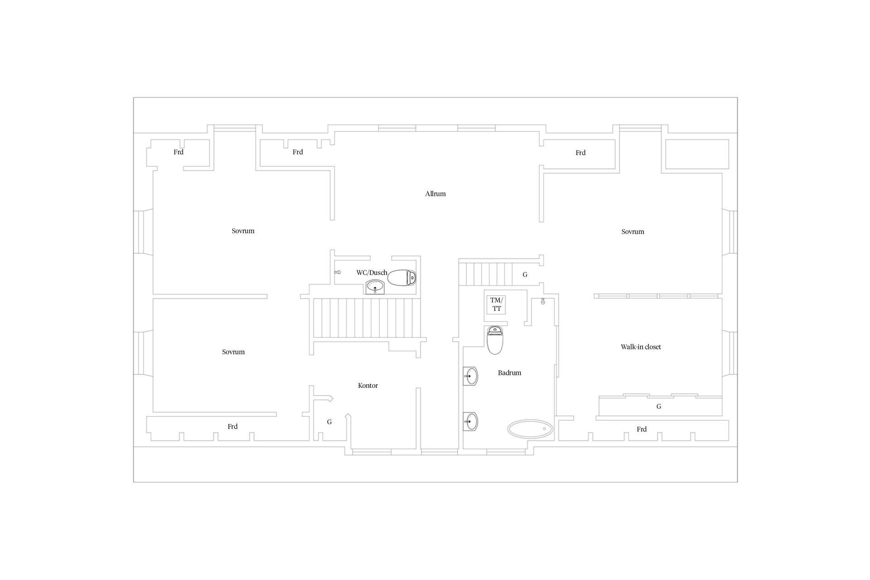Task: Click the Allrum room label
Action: [x=435, y=194]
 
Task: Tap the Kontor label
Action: [x=368, y=386]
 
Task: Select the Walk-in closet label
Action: [x=641, y=347]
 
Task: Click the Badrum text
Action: [x=510, y=373]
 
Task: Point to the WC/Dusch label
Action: [x=372, y=273]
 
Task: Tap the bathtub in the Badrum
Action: [x=530, y=429]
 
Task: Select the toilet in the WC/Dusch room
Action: [x=402, y=278]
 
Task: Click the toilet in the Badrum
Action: [x=495, y=340]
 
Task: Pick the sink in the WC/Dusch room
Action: [x=375, y=287]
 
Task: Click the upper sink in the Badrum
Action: [x=470, y=376]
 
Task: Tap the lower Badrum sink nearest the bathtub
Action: [x=470, y=421]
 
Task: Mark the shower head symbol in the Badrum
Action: [x=543, y=301]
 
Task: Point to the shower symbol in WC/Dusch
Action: [x=338, y=272]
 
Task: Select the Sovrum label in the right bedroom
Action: [x=633, y=232]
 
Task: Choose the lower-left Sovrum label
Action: [x=233, y=352]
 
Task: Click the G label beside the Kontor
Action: [x=329, y=422]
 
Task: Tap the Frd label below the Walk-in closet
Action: [x=642, y=430]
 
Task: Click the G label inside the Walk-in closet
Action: [x=659, y=406]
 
